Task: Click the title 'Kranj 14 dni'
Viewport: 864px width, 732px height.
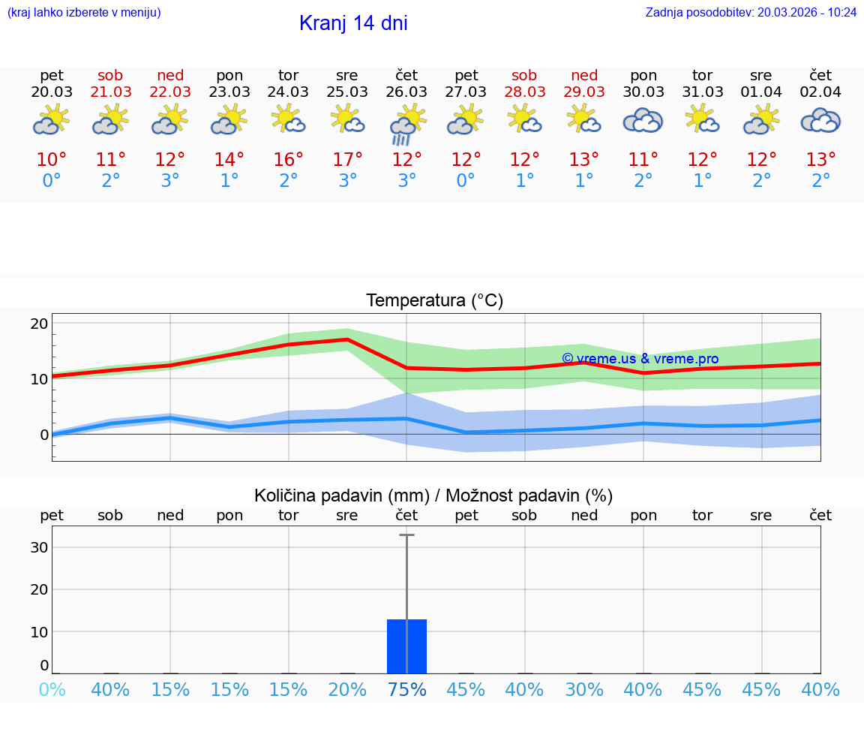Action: [x=353, y=23]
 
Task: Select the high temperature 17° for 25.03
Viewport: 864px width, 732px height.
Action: [x=347, y=159]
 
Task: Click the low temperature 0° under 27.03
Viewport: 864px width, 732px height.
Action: [x=466, y=181]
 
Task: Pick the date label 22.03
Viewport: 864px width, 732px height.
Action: [x=170, y=92]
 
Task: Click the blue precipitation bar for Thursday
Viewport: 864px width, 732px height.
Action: [x=406, y=646]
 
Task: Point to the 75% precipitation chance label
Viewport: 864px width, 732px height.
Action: [x=406, y=689]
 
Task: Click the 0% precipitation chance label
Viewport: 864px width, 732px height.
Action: [x=52, y=689]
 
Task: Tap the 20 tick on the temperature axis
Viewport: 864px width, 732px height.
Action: [x=39, y=324]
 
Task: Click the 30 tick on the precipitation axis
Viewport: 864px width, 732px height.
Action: [x=39, y=547]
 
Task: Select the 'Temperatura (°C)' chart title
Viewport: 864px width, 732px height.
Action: [x=434, y=301]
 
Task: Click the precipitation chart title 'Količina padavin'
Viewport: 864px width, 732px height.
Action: [x=433, y=496]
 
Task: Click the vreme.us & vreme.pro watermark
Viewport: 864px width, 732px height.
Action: [x=640, y=359]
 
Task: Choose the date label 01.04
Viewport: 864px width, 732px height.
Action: [x=761, y=92]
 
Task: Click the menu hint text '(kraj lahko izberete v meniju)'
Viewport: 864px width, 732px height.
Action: [x=84, y=12]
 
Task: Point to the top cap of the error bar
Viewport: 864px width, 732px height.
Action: [x=406, y=535]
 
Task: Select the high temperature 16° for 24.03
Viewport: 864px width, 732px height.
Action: [x=288, y=159]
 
